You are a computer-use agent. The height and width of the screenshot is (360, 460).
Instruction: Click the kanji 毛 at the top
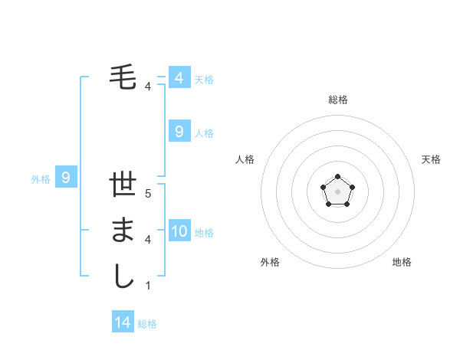pos(123,77)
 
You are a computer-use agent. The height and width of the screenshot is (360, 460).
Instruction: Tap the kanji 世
pos(123,186)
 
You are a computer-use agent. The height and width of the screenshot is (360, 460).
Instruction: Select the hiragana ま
pos(123,231)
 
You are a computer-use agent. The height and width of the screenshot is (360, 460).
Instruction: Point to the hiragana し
pos(123,276)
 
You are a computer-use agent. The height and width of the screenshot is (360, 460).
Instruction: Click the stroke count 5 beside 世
pos(148,194)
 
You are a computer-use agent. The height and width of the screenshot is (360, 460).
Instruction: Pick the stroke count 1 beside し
pos(148,285)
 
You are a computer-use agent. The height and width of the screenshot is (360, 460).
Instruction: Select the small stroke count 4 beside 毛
pos(148,87)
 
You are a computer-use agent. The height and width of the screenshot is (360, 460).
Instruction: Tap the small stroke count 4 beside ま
pos(148,240)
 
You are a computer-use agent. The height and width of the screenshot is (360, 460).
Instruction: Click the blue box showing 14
pos(123,322)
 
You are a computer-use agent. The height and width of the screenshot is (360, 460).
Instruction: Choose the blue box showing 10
pos(179,231)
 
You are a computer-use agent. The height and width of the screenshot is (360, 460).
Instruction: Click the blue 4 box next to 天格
pos(179,78)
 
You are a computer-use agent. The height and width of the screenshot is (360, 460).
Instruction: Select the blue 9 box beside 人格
pos(179,132)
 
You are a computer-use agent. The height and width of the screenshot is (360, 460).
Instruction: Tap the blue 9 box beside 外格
pos(66,178)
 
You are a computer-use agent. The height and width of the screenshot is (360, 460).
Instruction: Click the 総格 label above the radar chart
pos(337,100)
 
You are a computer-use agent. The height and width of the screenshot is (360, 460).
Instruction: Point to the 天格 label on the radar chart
pos(431,159)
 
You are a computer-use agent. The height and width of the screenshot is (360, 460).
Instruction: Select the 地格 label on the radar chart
pos(402,262)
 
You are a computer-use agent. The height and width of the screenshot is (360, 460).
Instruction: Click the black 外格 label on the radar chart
pos(270,262)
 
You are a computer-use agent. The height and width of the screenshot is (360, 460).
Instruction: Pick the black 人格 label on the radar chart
pos(245,159)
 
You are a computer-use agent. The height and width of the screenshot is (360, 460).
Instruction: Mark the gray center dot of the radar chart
pos(337,191)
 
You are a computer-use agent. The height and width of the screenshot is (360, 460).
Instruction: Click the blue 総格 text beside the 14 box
pos(147,324)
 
